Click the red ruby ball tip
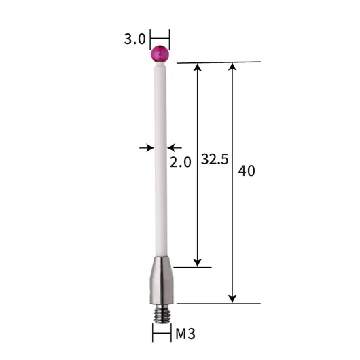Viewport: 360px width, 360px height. coord(160,54)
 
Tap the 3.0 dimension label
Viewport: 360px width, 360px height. coord(134,39)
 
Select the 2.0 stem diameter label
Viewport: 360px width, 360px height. coord(180,162)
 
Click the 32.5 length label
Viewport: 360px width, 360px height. coord(215,159)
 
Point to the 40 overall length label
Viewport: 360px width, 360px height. coord(247,170)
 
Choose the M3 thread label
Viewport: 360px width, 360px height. coord(185,334)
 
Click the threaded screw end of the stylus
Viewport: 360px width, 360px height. coord(162,313)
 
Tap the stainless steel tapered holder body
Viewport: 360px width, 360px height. coord(162,281)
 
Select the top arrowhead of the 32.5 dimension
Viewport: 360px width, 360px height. coord(198,67)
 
